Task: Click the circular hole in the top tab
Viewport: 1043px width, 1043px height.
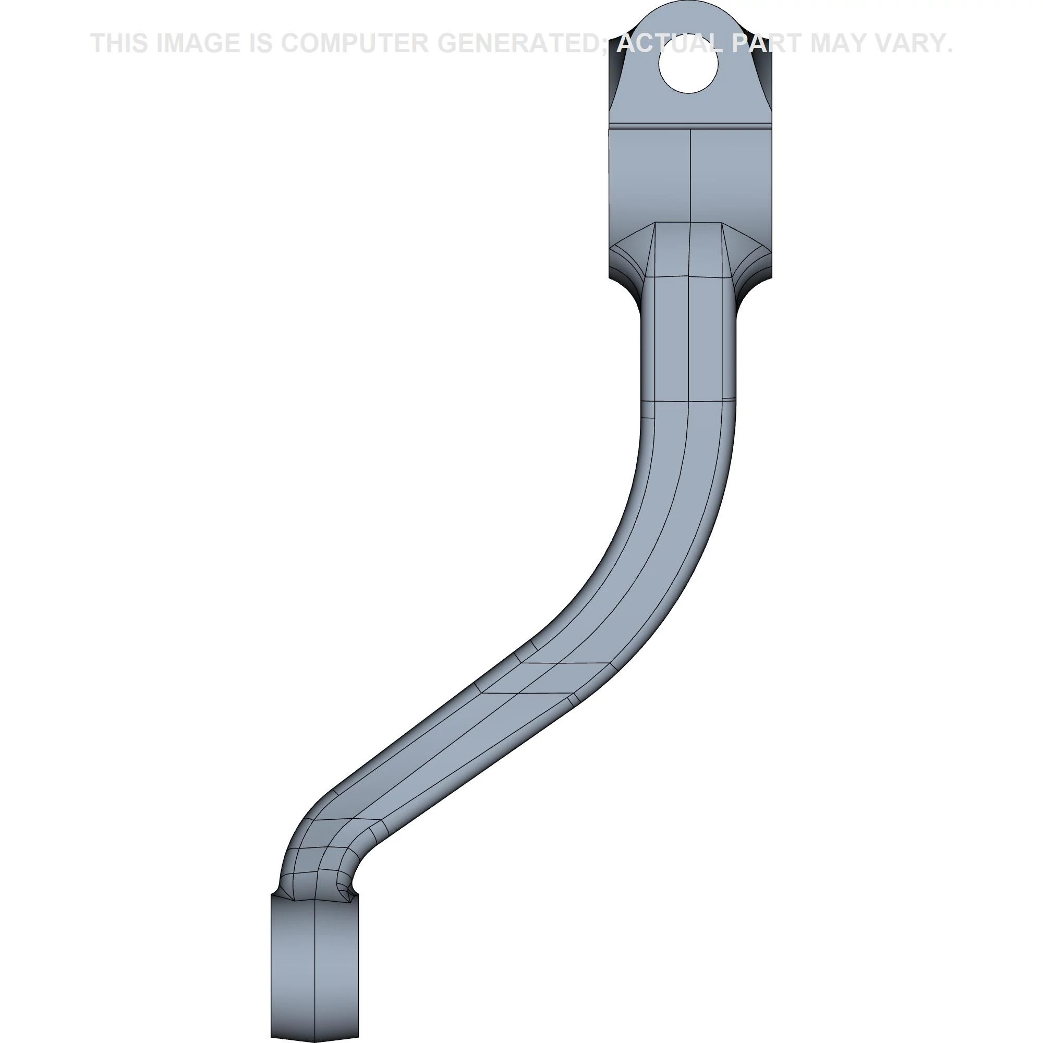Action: (688, 64)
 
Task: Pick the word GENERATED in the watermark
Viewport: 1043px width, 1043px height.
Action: (517, 43)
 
